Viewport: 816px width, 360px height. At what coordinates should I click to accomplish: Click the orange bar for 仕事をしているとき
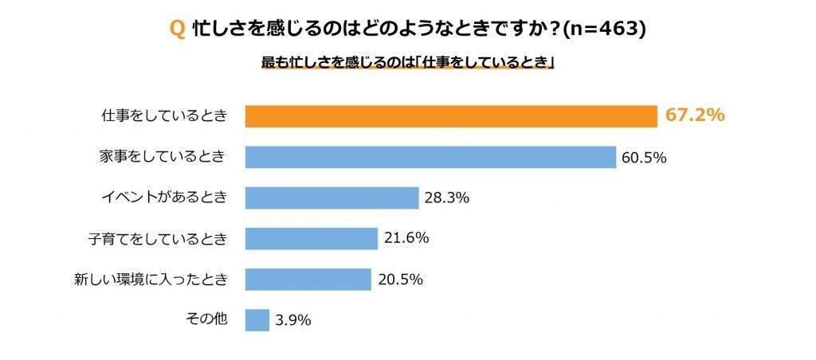pos(450,116)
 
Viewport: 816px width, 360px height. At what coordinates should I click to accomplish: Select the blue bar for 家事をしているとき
pos(430,157)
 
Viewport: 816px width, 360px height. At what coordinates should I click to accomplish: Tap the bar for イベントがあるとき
pos(331,198)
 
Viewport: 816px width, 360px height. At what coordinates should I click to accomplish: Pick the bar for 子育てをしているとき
pos(311,238)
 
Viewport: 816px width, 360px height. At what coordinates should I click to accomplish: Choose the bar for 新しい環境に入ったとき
pos(308,279)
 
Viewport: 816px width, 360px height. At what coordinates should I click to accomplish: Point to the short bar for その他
pos(257,319)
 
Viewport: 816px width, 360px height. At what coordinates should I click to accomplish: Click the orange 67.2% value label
pos(695,115)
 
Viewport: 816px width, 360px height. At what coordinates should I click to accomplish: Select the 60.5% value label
pos(644,158)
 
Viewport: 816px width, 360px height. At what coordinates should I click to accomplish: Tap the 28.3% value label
pos(446,198)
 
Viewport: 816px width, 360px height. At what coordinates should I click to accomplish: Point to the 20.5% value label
pos(399,279)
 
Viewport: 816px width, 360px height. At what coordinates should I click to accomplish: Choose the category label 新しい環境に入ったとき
pos(151,279)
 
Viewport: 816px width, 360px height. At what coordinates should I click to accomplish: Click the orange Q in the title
pos(178,29)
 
